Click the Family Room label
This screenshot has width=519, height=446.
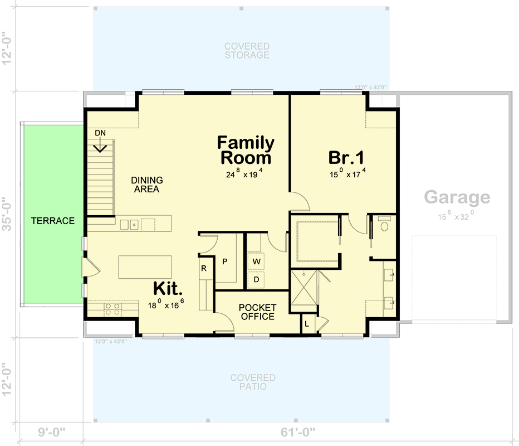[x=246, y=151]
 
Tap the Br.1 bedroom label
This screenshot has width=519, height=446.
[x=346, y=157]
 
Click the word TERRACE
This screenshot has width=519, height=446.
[x=53, y=221]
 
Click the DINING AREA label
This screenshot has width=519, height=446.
[x=147, y=185]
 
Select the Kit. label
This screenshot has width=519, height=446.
[x=168, y=289]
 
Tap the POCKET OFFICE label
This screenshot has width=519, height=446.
[x=257, y=312]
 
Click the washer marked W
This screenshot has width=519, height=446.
[x=256, y=261]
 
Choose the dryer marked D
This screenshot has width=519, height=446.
[x=256, y=279]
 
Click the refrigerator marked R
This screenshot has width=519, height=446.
[x=204, y=268]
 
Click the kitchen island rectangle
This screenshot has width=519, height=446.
[x=146, y=267]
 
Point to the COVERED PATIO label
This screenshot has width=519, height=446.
[x=253, y=382]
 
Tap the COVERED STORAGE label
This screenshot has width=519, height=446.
[x=247, y=51]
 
